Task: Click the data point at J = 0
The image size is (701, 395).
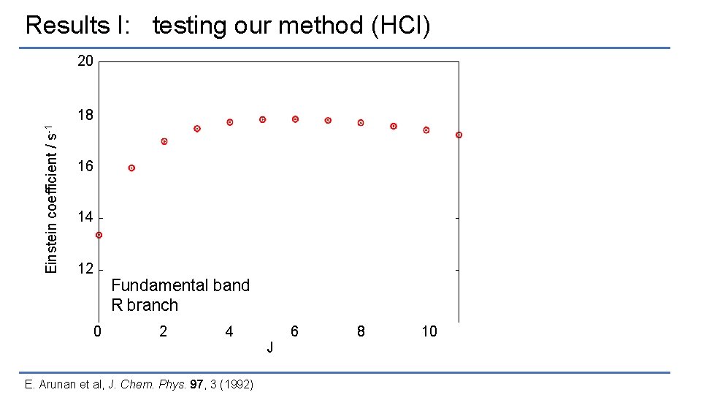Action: pos(99,235)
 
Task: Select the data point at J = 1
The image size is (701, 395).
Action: pos(131,168)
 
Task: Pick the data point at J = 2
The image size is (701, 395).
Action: pos(164,141)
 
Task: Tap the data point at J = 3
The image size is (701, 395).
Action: pos(197,129)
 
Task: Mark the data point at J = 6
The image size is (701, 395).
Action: pos(295,119)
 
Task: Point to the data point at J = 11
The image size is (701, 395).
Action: pos(459,135)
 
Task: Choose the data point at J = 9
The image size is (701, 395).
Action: pos(394,126)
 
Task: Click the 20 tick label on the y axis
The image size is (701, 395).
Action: pos(85,61)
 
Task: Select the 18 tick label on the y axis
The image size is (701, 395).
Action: pos(85,116)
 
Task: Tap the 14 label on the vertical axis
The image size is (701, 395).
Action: pos(85,217)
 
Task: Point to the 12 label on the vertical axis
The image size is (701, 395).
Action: pos(85,268)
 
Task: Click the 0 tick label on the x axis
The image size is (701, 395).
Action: pos(98,331)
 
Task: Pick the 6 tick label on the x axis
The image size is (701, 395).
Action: pos(294,331)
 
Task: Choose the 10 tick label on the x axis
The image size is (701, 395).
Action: pos(429,331)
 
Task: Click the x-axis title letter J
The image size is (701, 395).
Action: pos(270,347)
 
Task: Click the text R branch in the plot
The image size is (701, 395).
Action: pos(145,305)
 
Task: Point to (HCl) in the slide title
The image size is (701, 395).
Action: pos(401,26)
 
